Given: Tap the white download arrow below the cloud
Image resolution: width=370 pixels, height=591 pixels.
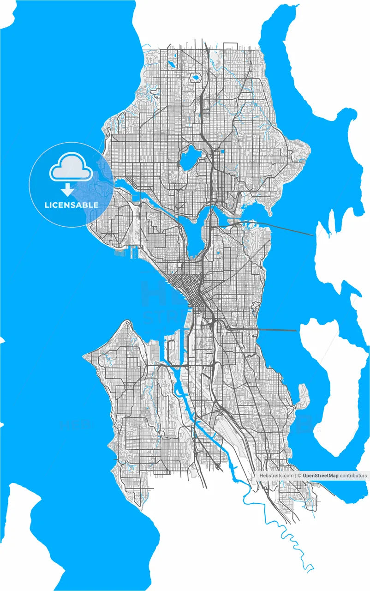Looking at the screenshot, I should point(68,189).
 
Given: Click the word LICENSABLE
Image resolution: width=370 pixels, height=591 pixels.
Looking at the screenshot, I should point(71,205).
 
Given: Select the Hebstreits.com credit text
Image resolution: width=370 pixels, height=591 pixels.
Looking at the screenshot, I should point(276,475).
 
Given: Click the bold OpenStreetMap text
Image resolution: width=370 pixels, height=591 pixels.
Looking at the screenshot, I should point(320,475).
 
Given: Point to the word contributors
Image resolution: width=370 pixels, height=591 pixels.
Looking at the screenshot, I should point(353,475).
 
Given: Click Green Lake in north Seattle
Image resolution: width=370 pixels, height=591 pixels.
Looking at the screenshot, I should point(188,158).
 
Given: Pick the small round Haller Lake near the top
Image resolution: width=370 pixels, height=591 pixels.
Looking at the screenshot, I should point(195,78).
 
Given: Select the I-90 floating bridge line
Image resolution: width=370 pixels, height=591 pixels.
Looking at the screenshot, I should point(277,330).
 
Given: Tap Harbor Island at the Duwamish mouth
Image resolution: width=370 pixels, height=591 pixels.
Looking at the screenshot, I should point(171,351).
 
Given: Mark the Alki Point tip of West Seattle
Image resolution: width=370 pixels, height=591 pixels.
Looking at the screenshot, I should point(86,356).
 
